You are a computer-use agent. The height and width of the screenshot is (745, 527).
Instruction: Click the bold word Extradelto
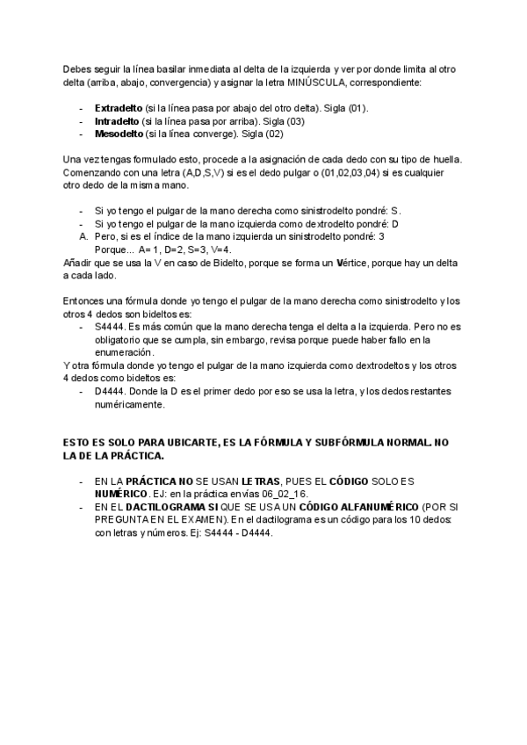pos(119,108)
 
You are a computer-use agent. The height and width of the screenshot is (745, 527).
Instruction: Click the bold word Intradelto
pos(117,121)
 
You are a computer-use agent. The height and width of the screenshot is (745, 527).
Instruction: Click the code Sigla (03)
pos(284,121)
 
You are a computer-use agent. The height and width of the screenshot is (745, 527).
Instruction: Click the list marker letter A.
pos(83,236)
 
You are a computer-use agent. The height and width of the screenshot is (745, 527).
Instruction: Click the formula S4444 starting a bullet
pos(109,326)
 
